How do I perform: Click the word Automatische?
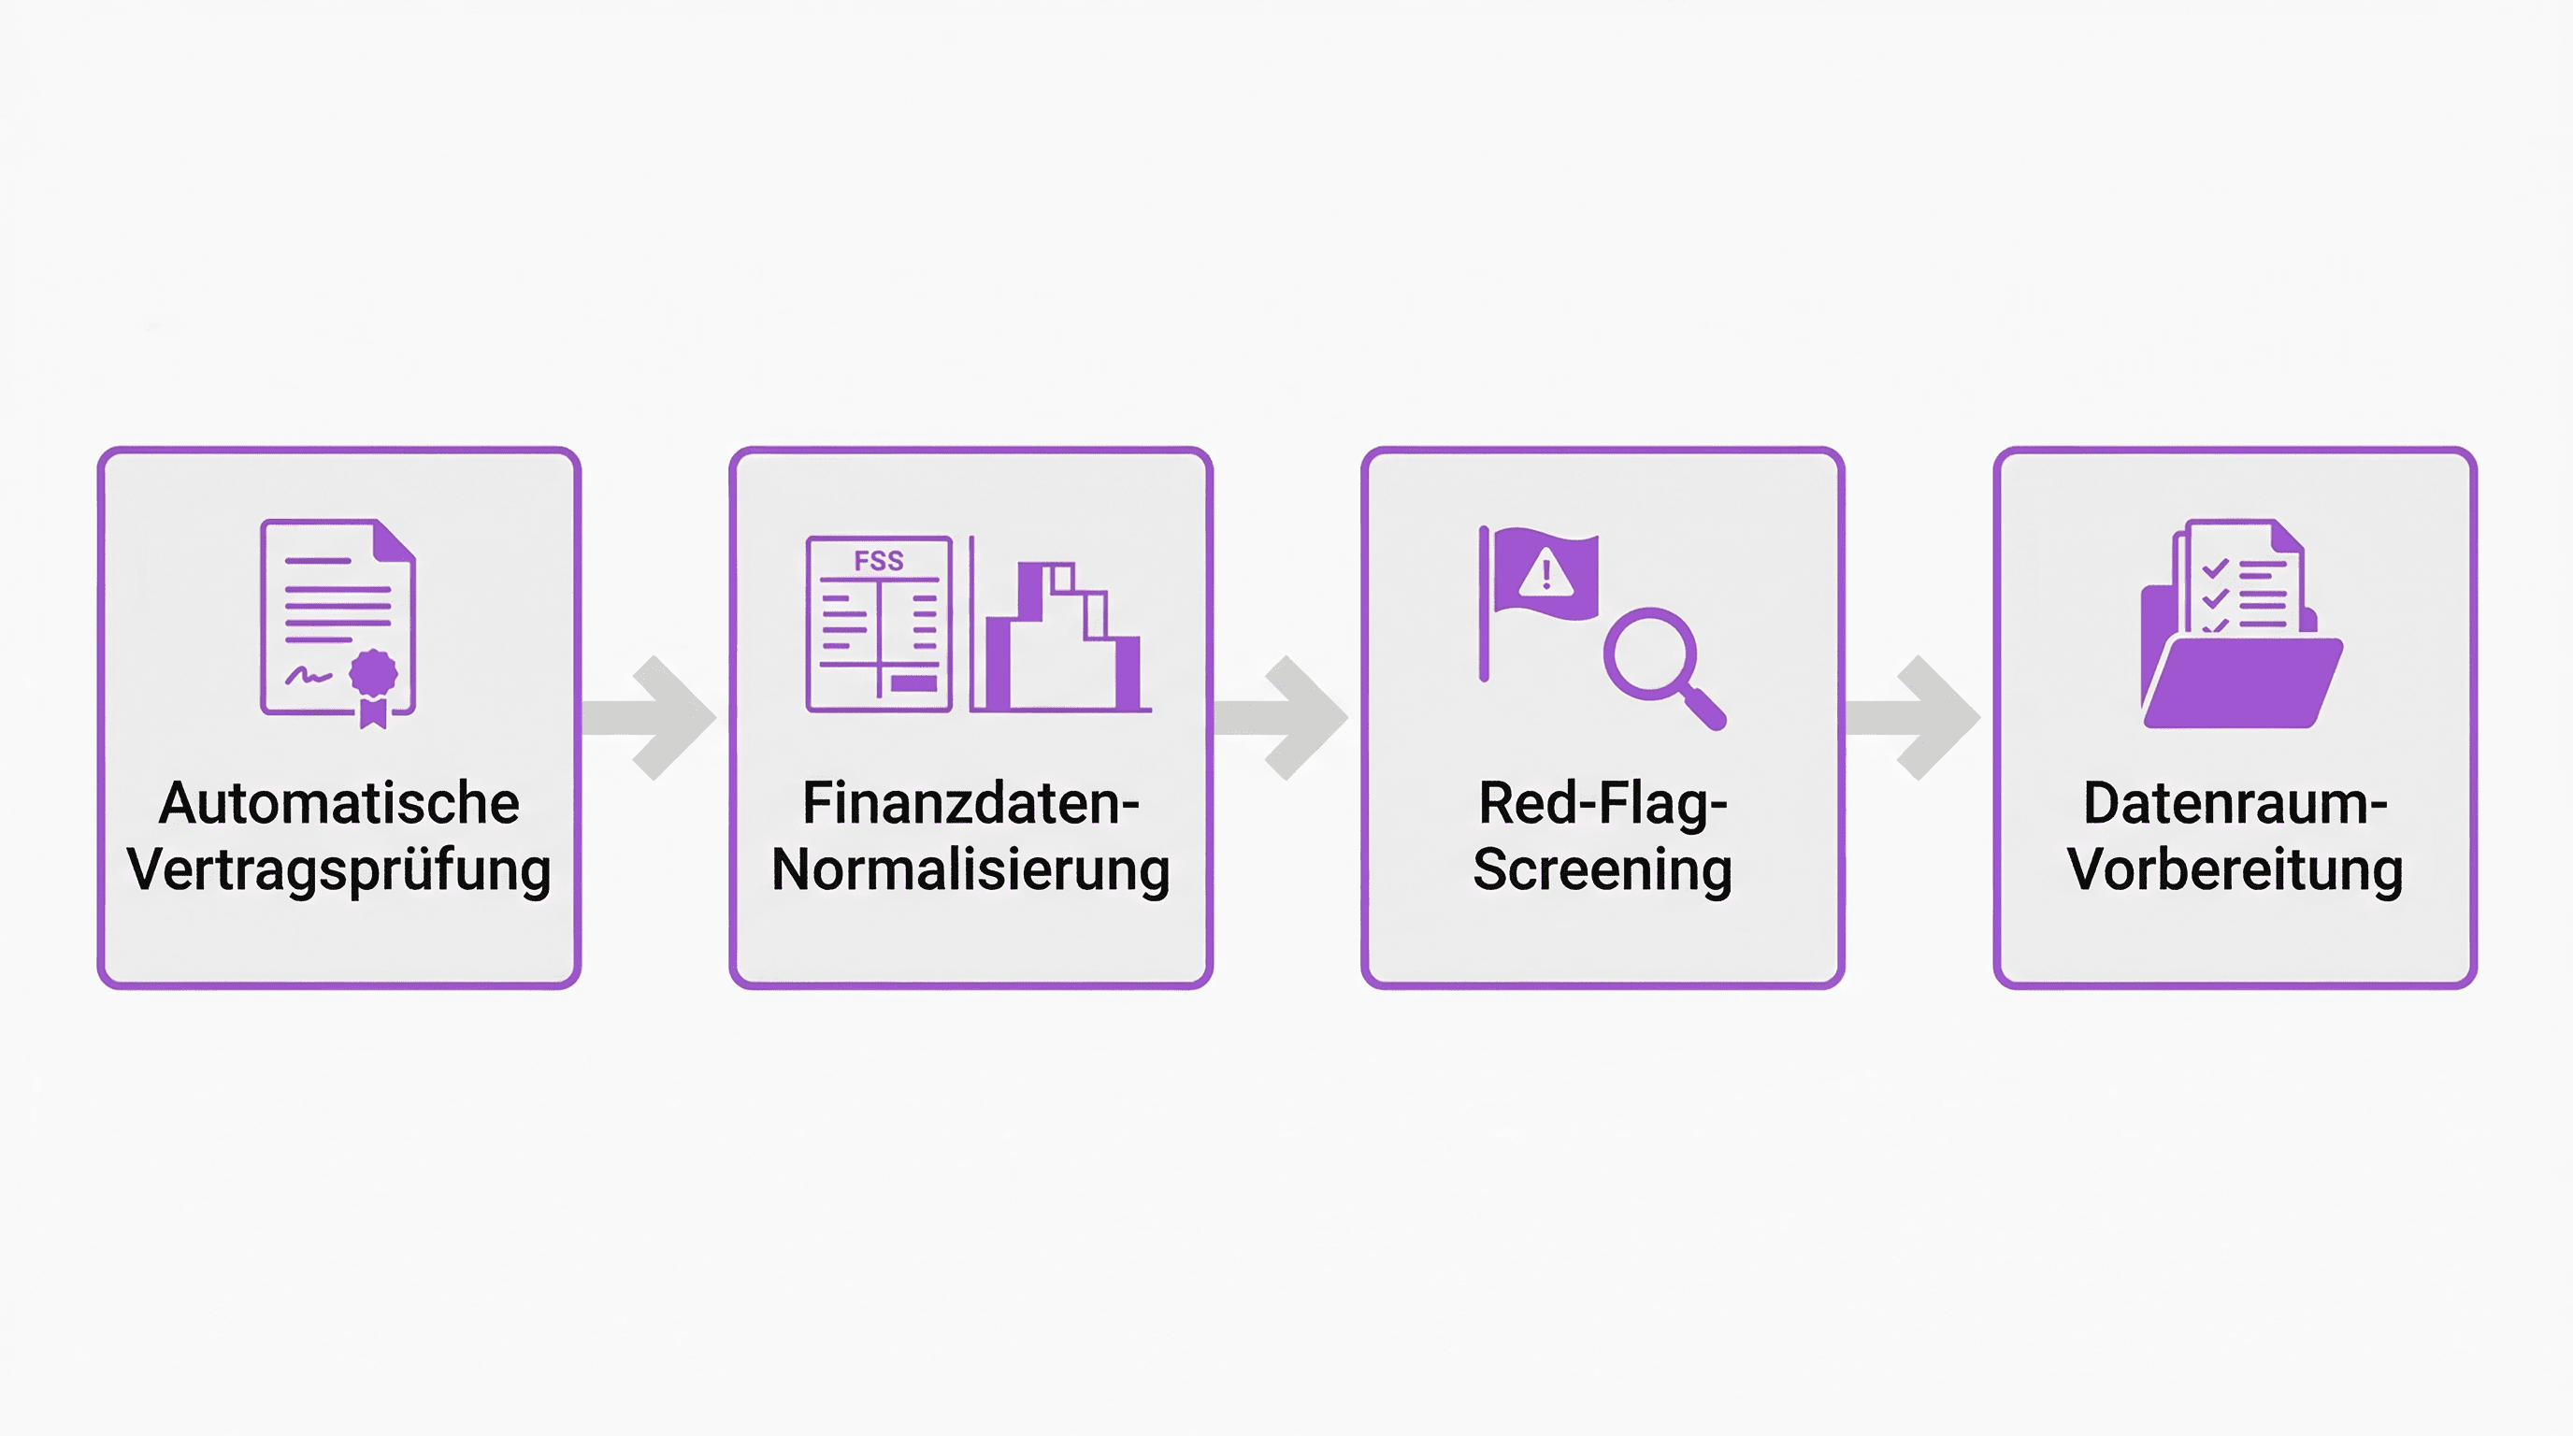(338, 803)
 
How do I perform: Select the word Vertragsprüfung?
(338, 869)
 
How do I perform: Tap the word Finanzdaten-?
(970, 803)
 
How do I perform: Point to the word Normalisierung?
(970, 869)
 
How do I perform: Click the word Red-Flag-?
(1603, 803)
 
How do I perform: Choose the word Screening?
(1603, 869)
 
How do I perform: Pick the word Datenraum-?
(2235, 803)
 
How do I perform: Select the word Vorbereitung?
(2235, 869)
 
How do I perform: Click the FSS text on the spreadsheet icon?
(879, 561)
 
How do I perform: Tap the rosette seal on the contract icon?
(372, 673)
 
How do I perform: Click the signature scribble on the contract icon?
(308, 677)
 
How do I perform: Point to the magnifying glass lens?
(1649, 654)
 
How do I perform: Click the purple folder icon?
(2240, 679)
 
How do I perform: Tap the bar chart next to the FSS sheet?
(1061, 639)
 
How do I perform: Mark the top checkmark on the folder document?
(2216, 569)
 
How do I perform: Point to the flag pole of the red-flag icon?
(1485, 604)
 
